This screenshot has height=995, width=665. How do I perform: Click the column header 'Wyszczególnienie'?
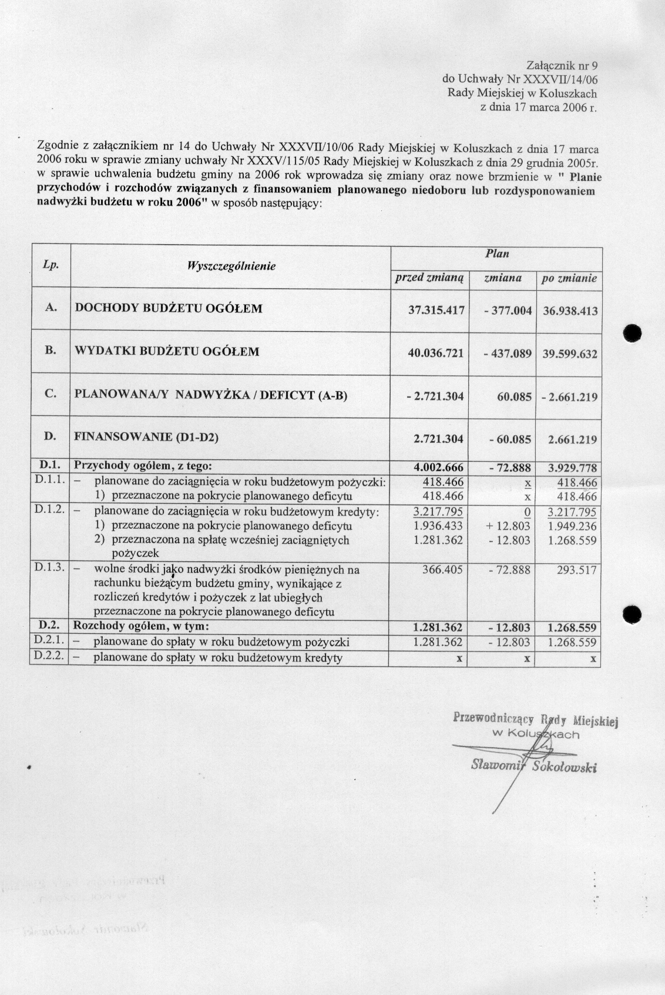tap(231, 266)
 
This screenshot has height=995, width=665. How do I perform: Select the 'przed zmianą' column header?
tap(429, 278)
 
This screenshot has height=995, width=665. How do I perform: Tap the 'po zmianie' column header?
tap(569, 278)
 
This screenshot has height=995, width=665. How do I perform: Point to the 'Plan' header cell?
tap(496, 254)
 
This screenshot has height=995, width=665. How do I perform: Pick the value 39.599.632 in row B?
tap(570, 354)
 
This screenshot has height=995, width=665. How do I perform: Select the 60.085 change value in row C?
tap(514, 396)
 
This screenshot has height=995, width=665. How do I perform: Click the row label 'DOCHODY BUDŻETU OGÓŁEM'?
tap(169, 308)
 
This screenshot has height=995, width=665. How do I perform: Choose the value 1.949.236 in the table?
tap(572, 526)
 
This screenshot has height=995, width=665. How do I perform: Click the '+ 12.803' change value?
tap(508, 526)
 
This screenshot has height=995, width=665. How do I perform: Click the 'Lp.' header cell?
tap(51, 265)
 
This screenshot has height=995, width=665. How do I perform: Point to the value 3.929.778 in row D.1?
tap(572, 468)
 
